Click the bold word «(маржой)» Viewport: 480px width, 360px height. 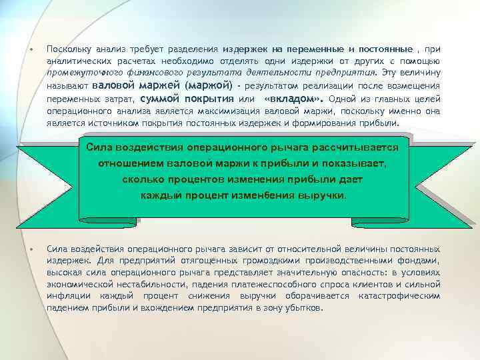click(x=209, y=86)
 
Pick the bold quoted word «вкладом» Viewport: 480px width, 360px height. click(x=291, y=99)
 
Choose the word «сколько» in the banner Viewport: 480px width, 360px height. click(x=141, y=180)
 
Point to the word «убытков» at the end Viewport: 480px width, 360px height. click(x=304, y=309)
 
